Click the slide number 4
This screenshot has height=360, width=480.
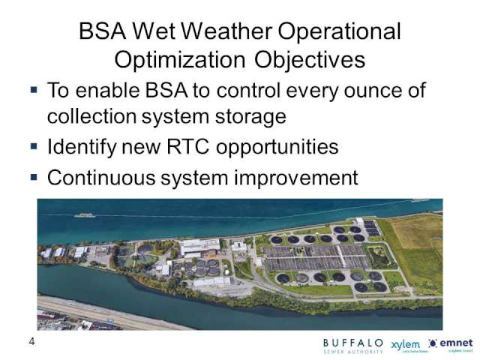pyautogui.click(x=31, y=342)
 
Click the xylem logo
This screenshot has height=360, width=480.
pyautogui.click(x=406, y=344)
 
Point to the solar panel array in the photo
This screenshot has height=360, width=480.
pyautogui.click(x=371, y=227)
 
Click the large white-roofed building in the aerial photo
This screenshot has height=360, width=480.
pyautogui.click(x=200, y=247)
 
